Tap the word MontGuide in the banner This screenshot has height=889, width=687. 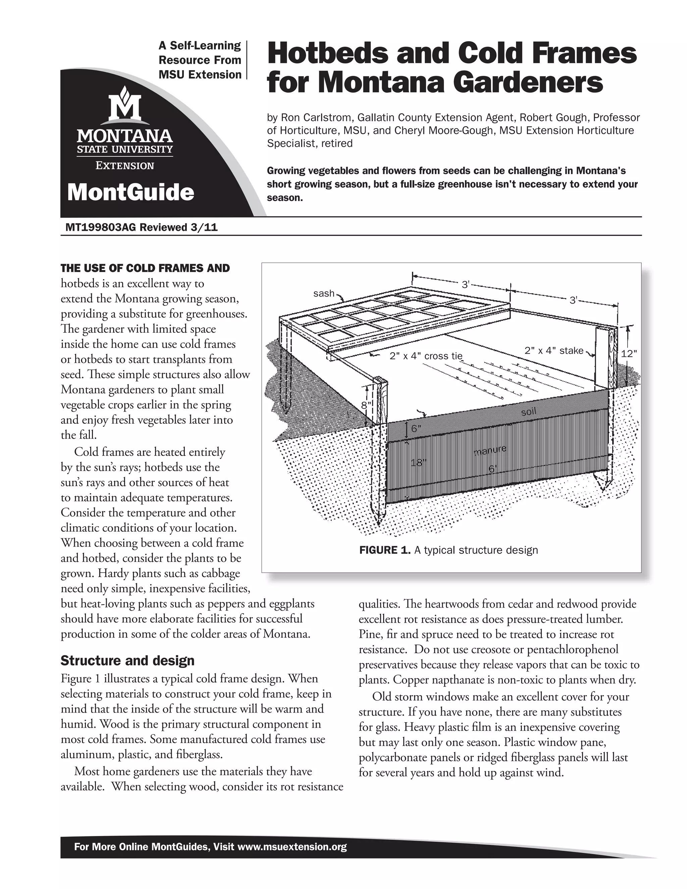pos(130,192)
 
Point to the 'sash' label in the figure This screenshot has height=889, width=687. pos(324,293)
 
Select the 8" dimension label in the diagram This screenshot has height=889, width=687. pos(367,406)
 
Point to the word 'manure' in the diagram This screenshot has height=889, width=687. pos(490,450)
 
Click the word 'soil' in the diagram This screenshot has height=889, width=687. pos(529,412)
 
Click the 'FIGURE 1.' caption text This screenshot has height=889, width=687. pos(384,550)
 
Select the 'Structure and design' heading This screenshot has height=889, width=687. pos(127,660)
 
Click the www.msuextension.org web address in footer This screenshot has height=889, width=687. pos(292,847)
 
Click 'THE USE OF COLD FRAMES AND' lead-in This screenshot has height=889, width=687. pos(145,268)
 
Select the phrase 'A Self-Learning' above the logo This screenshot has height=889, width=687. pos(200,46)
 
